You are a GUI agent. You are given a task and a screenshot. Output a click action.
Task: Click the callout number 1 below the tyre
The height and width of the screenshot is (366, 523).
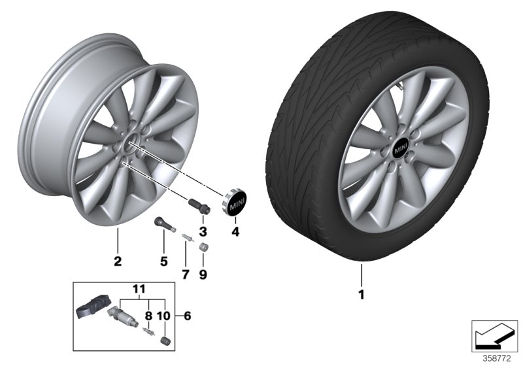(360, 295)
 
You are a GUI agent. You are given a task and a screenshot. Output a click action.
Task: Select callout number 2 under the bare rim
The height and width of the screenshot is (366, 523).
(118, 262)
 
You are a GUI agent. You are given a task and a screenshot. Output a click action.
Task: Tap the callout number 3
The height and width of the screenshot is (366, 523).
(203, 231)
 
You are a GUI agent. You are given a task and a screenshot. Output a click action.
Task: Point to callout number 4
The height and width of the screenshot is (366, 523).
(235, 231)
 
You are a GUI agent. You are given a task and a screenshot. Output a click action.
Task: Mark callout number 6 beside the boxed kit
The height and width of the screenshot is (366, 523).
(188, 316)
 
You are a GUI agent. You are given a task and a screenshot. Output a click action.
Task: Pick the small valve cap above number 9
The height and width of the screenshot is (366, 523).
(203, 248)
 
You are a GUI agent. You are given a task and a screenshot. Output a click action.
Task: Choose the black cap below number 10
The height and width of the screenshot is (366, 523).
(165, 341)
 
